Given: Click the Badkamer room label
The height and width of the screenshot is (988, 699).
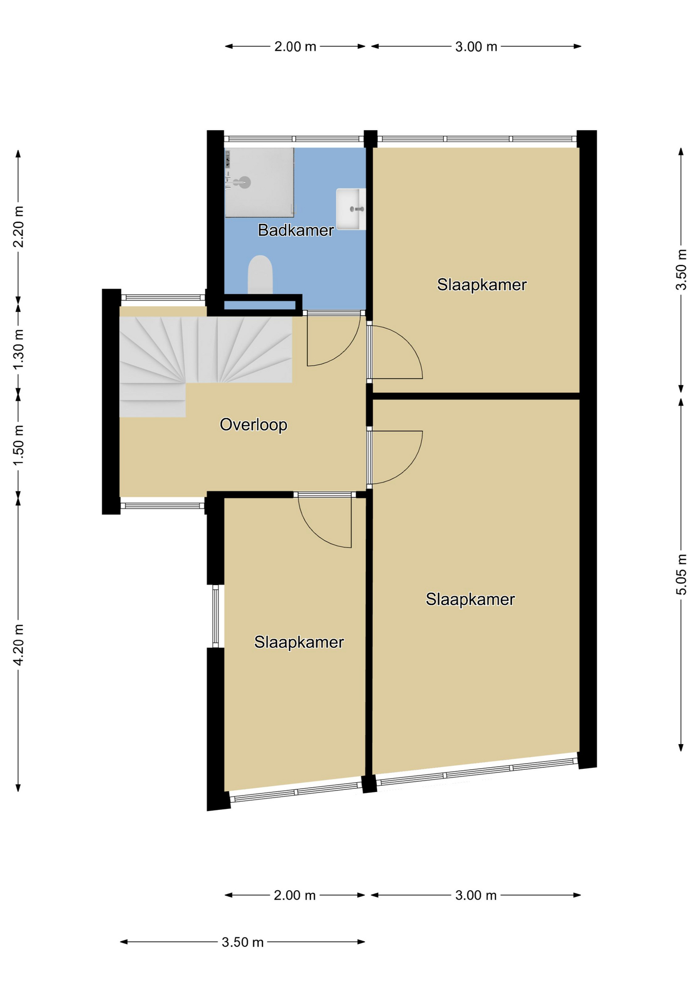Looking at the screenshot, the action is coord(295,230).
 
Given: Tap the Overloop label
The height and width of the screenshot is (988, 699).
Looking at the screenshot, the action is coord(253,425).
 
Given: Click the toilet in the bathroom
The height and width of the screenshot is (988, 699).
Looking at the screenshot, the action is coord(260,275).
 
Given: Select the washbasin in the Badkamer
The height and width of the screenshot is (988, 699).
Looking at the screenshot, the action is coord(351,209).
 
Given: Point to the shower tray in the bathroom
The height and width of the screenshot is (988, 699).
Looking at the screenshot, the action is coord(259,183).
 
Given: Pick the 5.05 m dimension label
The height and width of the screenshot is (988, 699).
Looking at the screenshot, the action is coord(681,574).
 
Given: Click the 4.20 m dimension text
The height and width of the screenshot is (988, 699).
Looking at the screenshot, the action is coord(19,645).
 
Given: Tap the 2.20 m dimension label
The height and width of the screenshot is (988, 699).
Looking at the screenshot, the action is coord(19,226).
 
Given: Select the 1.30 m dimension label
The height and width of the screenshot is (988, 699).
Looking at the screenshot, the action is coord(19,349).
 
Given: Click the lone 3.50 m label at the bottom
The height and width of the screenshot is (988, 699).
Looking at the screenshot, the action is coord(242,942).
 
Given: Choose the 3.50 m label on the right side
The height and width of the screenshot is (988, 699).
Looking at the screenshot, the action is coord(681,270).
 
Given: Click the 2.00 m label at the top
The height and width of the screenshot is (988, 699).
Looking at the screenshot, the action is coord(295,47).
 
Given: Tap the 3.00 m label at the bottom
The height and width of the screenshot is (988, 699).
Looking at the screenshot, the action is coord(476,895).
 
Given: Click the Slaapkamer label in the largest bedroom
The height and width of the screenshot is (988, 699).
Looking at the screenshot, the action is coord(470,599).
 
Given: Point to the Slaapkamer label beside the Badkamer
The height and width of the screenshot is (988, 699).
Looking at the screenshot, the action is coord(482,285).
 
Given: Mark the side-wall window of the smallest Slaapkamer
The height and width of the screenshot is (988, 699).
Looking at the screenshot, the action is coord(216,616).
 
